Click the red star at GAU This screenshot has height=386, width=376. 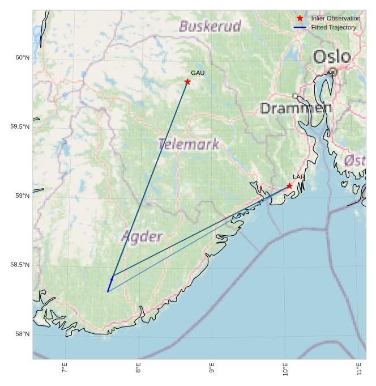tap(187, 82)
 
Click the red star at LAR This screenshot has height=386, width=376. tap(289, 186)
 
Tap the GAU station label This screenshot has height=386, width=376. tap(198, 73)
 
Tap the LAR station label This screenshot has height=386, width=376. tap(299, 177)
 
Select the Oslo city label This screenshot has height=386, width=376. tap(332, 57)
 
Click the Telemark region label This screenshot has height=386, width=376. tap(189, 144)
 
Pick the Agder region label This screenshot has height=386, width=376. tap(142, 236)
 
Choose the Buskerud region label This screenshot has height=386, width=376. tap(210, 26)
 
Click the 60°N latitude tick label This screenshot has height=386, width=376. tap(22, 57)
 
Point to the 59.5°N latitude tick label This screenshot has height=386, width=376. tap(19, 126)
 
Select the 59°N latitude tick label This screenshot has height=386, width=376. tap(22, 196)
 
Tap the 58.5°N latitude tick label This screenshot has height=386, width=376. tap(19, 265)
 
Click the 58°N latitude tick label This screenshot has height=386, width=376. tap(22, 334)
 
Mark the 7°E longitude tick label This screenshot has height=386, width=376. tap(65, 368)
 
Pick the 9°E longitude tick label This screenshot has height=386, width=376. tap(212, 368)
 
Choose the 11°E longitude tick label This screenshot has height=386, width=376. tap(359, 368)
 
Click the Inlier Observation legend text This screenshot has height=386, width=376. tap(336, 19)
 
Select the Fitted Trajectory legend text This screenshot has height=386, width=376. tap(334, 27)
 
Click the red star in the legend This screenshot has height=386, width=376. tap(300, 18)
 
